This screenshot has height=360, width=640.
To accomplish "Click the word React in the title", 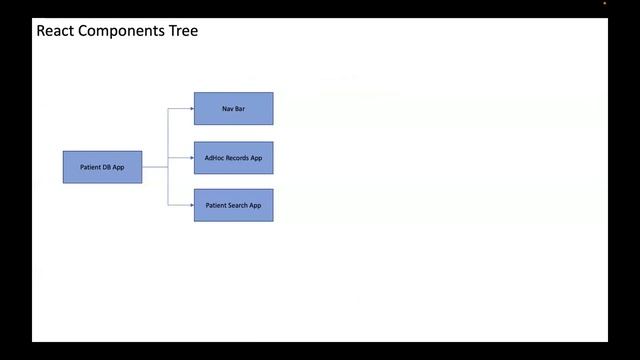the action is (55, 31).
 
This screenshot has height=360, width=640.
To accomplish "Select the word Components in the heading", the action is (121, 31).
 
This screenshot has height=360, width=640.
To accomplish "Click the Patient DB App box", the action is (102, 167).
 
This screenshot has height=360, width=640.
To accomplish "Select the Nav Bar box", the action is (233, 108).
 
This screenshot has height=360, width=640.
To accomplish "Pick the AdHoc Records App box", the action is (233, 158).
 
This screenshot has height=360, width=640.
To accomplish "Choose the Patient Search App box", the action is (233, 205).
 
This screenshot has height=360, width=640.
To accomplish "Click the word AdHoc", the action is (214, 158).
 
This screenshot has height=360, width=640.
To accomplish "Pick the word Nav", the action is (228, 108).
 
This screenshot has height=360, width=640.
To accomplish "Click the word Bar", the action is (240, 108).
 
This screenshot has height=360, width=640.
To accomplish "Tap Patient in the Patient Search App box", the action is (215, 205).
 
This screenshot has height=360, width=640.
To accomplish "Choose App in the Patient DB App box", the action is (118, 167).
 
